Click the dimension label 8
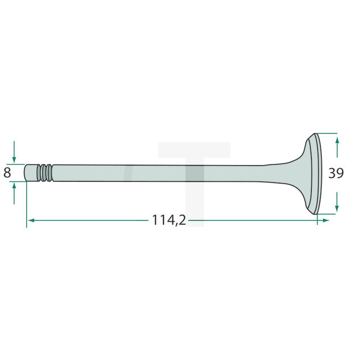click(7, 173)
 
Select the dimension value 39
click(336, 173)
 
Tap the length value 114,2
click(168, 220)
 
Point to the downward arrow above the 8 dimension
click(14, 157)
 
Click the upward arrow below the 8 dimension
click(14, 187)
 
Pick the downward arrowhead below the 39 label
click(337, 207)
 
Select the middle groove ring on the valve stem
click(45, 172)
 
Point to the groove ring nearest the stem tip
click(41, 172)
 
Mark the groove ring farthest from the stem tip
click(50, 172)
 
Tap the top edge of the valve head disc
click(316, 135)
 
